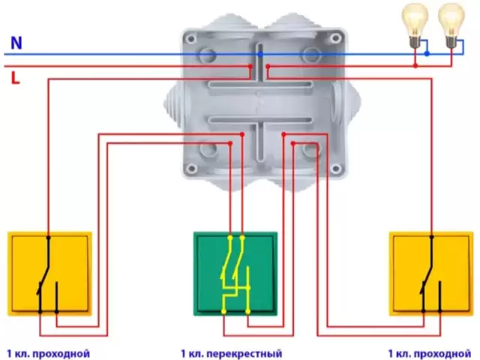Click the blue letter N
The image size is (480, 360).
point(16,43)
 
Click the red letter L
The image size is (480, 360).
point(15,78)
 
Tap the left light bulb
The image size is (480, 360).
point(415,25)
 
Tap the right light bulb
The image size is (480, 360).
point(451,25)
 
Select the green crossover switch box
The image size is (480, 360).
point(235,274)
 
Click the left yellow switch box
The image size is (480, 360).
point(49,274)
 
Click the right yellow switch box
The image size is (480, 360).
point(431,274)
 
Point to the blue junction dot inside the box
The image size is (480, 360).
point(260,55)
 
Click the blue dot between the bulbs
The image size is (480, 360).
point(427,54)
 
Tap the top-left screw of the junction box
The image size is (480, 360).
point(192,39)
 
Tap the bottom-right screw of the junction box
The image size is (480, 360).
point(336,168)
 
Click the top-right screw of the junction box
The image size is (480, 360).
point(336,38)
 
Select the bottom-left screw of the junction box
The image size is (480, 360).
point(192,168)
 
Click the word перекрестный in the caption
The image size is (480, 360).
point(244,354)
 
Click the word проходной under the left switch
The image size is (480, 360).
point(61,354)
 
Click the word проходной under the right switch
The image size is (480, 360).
point(442,354)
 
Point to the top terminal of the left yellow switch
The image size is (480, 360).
point(48,237)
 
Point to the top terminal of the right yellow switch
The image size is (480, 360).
point(432,237)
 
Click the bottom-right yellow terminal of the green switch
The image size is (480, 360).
point(248,312)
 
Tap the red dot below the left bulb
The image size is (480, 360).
point(415,65)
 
